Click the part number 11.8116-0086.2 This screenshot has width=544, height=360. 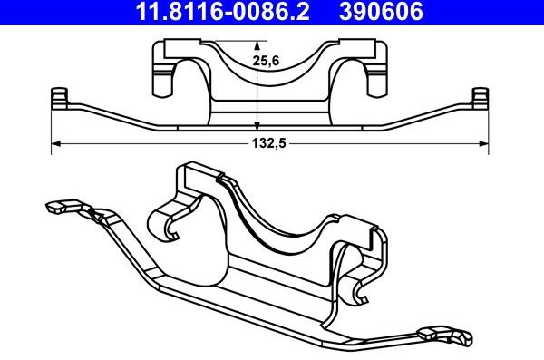click(x=215, y=12)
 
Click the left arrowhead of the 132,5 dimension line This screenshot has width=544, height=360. click(x=55, y=142)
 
